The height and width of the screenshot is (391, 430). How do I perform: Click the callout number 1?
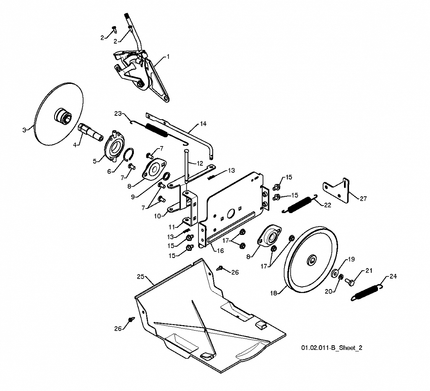[x=168, y=57]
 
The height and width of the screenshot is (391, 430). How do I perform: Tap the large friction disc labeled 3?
[x=59, y=113]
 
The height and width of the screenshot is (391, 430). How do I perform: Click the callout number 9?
[x=133, y=197]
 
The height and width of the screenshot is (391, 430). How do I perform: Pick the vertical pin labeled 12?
[x=186, y=166]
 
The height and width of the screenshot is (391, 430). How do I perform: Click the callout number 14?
[x=203, y=124]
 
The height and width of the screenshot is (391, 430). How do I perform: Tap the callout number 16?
[x=220, y=250]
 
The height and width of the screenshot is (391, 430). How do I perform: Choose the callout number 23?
[x=118, y=113]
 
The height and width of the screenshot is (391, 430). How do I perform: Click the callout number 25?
[x=141, y=276]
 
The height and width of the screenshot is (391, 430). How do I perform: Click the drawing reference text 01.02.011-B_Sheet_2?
[x=332, y=348]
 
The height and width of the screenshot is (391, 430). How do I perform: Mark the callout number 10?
[x=157, y=216]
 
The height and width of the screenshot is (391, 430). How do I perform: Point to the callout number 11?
[x=172, y=227]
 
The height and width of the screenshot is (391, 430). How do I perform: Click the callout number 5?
[x=95, y=161]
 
